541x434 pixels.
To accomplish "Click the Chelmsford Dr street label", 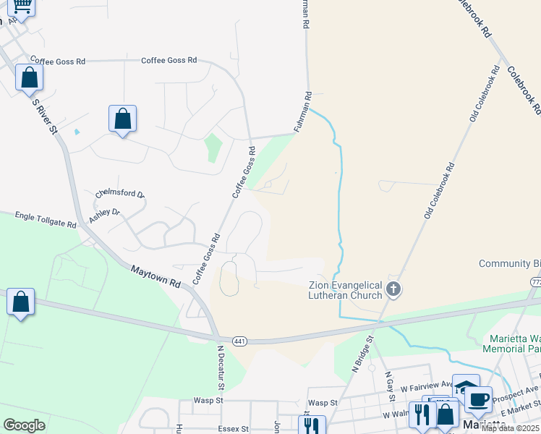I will (120, 195).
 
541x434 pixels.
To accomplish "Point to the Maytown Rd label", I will (155, 276).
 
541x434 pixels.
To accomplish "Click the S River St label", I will (44, 116).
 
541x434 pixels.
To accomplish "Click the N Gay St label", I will (390, 384).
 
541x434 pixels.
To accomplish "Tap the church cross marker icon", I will (393, 290).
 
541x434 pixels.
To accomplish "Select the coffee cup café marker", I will (477, 399).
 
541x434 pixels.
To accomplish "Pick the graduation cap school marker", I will (466, 387).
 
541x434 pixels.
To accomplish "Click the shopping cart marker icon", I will (22, 7).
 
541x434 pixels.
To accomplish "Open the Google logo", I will (24, 425).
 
